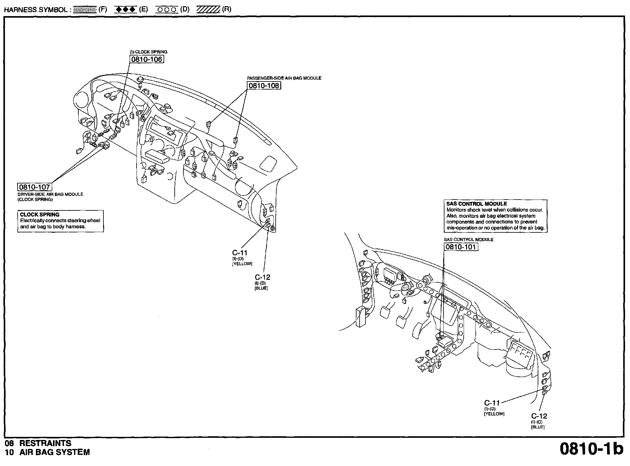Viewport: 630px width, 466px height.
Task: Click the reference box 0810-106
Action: point(147,59)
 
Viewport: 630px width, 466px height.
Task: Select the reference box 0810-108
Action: point(264,86)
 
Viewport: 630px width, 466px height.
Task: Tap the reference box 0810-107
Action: point(35,187)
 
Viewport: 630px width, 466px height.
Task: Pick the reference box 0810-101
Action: point(461,247)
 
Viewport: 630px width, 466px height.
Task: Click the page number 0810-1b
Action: point(591,449)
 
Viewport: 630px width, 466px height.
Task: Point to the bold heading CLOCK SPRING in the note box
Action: point(40,214)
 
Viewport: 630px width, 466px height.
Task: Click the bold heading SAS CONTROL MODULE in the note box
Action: point(477,204)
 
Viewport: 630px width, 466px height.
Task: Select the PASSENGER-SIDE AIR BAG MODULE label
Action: point(284,78)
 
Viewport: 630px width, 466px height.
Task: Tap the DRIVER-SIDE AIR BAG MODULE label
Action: point(50,194)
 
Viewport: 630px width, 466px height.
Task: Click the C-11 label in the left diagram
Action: point(240,253)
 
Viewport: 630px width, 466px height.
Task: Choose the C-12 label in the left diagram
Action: point(263,277)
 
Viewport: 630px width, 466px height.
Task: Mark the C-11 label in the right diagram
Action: point(492,403)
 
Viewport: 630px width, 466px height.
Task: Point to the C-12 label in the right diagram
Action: point(539,416)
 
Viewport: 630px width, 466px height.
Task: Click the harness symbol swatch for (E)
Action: point(125,9)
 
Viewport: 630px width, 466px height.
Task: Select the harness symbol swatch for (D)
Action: point(167,10)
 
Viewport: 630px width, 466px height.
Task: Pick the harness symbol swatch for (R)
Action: point(208,9)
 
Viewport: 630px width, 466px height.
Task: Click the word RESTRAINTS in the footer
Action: point(45,443)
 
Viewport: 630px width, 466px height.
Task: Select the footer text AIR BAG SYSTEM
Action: point(55,452)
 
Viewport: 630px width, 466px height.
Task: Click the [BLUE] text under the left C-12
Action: point(261,288)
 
